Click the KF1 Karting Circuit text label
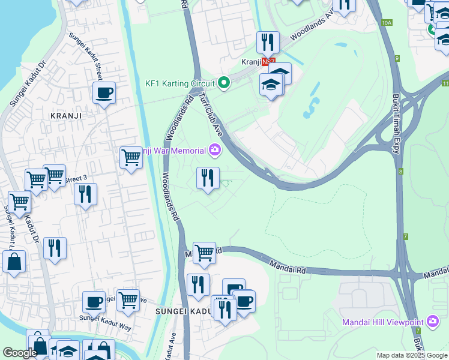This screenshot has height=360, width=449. [179, 83]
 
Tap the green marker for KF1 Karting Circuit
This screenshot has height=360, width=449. [224, 83]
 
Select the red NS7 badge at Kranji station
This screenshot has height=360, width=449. [270, 62]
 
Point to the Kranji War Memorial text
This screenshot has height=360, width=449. [174, 151]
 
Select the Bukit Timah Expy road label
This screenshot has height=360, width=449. [396, 124]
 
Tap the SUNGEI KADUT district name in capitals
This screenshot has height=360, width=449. [181, 311]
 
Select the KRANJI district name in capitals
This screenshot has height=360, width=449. [65, 115]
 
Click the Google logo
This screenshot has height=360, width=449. [20, 353]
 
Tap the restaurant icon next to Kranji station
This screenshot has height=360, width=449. [268, 42]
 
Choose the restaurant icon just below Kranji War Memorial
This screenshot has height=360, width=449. [208, 178]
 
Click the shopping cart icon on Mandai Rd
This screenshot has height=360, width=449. [204, 253]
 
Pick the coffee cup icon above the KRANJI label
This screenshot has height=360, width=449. [104, 93]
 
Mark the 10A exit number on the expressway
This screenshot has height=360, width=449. [387, 23]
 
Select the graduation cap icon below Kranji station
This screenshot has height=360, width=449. [271, 84]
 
